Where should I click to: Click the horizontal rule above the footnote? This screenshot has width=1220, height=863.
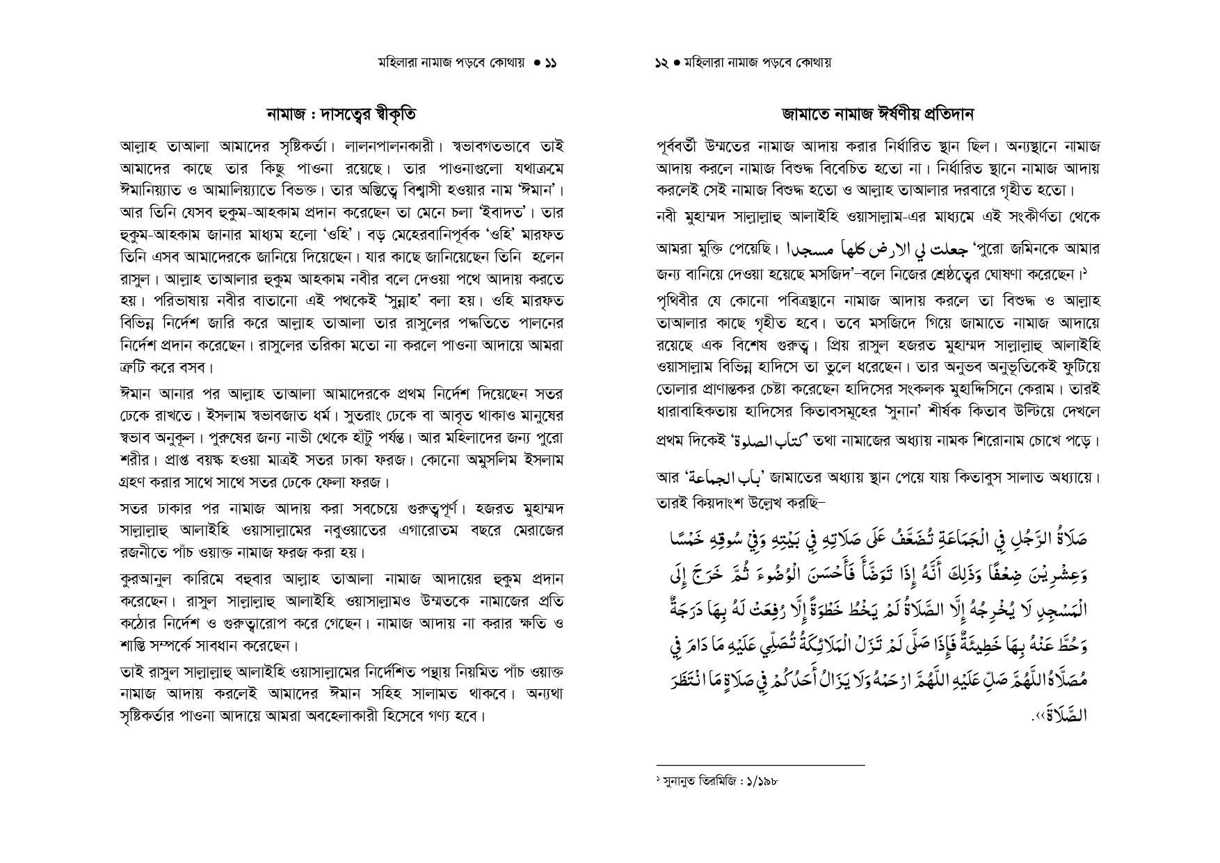(760, 765)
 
